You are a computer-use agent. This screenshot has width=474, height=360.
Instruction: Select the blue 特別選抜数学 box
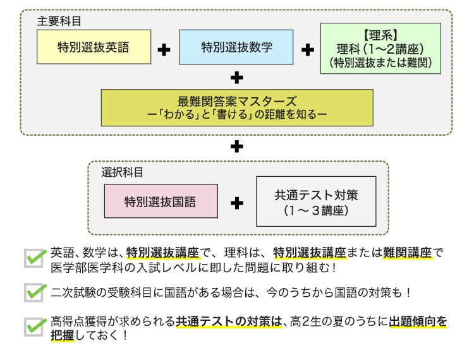tap(236, 48)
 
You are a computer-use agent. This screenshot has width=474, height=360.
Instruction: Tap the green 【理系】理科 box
tap(380, 48)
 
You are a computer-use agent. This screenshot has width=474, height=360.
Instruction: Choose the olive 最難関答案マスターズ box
tap(237, 107)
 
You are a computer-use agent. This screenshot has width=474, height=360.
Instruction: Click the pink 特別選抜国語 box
tap(161, 202)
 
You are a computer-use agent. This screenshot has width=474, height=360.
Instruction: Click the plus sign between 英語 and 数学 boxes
tap(164, 50)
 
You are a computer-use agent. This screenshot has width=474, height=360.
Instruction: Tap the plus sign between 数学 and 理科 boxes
tap(308, 50)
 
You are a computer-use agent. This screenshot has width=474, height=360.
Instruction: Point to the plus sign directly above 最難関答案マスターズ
tap(237, 78)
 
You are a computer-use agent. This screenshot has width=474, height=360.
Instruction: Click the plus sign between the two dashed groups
tap(237, 147)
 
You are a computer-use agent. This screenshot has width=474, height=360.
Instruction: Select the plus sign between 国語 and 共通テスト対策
tap(237, 203)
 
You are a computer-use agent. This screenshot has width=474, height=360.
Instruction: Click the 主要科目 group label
tap(59, 20)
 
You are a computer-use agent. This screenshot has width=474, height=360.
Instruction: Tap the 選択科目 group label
tap(123, 172)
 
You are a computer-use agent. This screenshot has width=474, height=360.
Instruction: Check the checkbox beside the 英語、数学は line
tap(35, 258)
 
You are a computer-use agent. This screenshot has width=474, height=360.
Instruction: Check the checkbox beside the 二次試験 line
tap(35, 292)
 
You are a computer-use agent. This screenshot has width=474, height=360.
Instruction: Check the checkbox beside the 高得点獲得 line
tap(35, 327)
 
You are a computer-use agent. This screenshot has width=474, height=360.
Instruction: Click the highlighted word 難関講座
tap(407, 253)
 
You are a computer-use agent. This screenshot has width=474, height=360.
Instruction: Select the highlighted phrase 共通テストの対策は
tap(228, 321)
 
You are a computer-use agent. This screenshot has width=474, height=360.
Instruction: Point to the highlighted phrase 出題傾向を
tap(418, 321)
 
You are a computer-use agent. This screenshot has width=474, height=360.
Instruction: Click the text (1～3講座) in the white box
tap(315, 210)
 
